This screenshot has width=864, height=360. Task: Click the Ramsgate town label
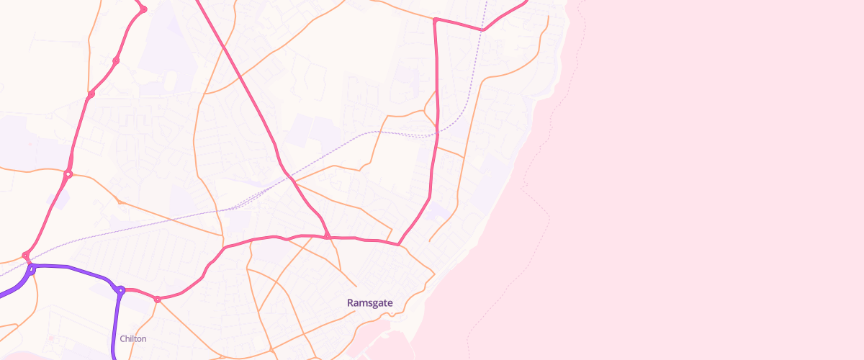(369, 303)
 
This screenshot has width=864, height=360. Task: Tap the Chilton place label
(133, 338)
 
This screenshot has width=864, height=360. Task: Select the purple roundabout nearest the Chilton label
(121, 290)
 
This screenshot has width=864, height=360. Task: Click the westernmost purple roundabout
(32, 269)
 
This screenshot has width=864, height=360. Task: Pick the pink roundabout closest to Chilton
(157, 299)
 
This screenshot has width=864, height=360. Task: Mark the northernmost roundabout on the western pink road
(143, 9)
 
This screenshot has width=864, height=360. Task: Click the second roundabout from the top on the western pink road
(116, 60)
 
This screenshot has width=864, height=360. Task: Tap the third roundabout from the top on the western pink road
(91, 94)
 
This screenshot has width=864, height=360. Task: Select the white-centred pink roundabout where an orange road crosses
(68, 174)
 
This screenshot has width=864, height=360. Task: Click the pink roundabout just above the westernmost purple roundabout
(26, 255)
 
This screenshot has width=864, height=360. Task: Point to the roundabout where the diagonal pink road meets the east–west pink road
(327, 236)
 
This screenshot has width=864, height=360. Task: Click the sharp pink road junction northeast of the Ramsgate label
(399, 245)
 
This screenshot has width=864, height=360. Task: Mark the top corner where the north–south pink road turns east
(436, 19)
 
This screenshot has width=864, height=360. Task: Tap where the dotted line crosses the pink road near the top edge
(482, 30)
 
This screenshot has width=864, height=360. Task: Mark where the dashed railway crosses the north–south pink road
(436, 134)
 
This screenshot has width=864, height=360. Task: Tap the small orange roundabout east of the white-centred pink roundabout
(120, 202)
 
